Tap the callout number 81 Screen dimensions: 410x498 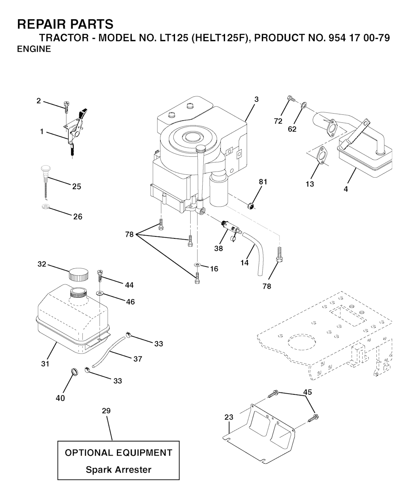click(x=263, y=182)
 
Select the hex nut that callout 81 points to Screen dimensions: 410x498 click(x=251, y=206)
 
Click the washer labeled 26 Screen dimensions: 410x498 click(x=45, y=206)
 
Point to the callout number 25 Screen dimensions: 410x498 click(x=76, y=186)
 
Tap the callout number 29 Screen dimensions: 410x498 click(x=107, y=411)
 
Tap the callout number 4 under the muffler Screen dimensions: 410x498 click(x=346, y=189)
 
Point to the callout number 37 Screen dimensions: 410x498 click(x=137, y=359)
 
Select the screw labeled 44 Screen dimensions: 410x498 click(x=100, y=276)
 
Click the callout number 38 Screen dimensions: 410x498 click(x=219, y=248)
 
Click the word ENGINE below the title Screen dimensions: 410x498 click(x=34, y=49)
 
